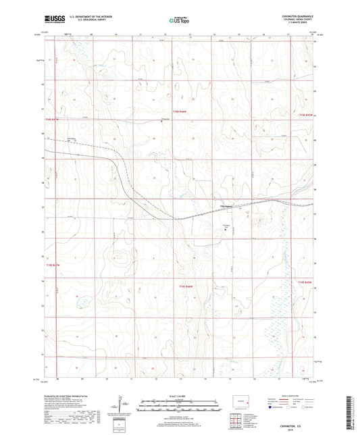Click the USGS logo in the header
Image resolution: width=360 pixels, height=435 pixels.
[53, 20]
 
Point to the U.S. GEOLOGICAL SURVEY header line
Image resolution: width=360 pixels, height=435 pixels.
[84, 20]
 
